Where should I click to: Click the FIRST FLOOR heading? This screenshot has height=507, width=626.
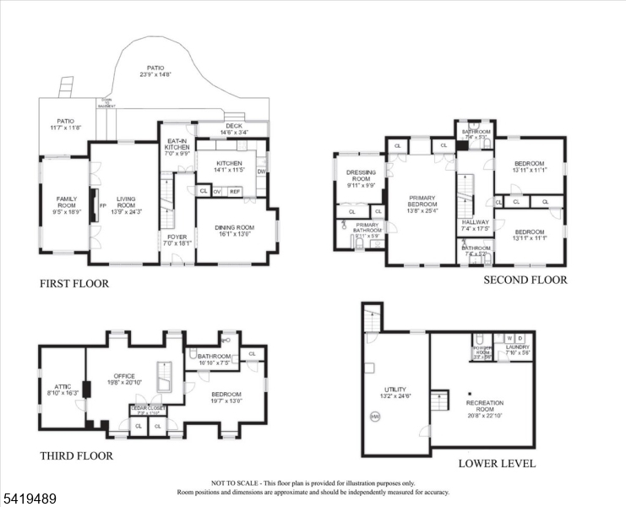74,284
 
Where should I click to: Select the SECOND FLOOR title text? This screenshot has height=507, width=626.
525,280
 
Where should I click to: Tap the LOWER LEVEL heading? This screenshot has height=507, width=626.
497,463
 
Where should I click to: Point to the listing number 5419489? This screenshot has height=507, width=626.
30,499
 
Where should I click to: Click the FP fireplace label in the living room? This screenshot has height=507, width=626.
103,205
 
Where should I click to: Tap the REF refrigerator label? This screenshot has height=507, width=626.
236,192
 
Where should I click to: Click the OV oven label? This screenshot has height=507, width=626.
217,192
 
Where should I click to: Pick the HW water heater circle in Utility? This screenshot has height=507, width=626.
374,416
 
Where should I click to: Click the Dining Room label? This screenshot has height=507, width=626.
236,227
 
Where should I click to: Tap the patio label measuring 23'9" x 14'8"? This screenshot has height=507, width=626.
155,70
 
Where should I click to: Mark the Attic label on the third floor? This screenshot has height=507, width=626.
60,389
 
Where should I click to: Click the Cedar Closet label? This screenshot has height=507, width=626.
148,409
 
